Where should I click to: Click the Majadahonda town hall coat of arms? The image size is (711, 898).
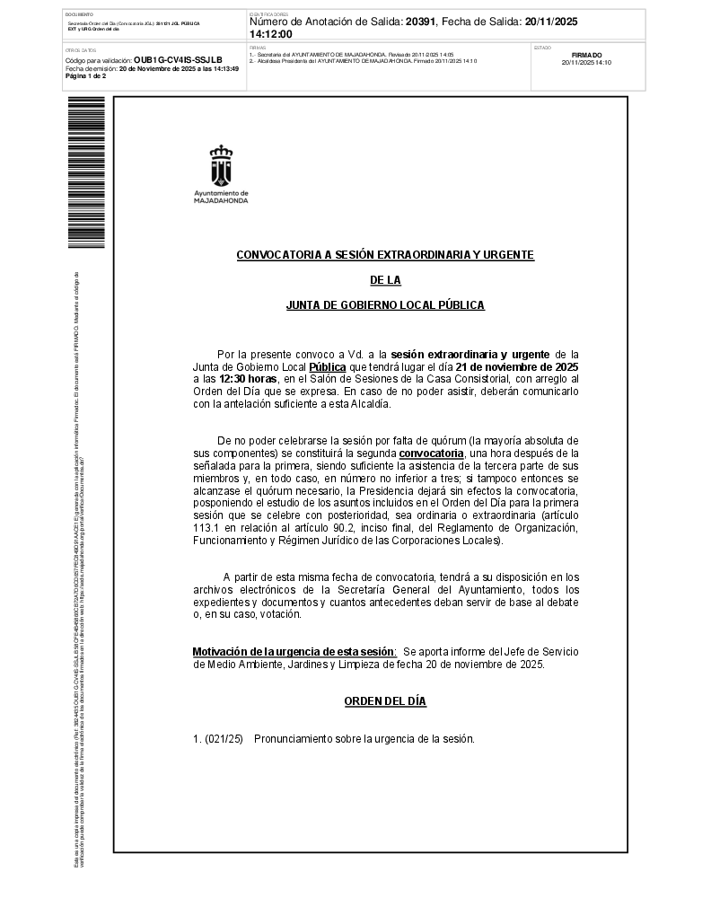coord(221,164)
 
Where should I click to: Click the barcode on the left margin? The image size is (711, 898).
coord(85,171)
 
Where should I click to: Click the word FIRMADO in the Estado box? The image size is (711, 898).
coord(586,55)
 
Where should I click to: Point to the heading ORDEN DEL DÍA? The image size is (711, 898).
coord(385,701)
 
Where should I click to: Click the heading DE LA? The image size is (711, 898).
coord(385,280)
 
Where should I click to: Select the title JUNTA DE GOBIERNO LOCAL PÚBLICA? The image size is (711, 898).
coord(385,305)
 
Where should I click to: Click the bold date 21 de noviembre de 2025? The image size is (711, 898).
coord(517,366)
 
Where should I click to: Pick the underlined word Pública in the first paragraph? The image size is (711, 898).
coord(327,366)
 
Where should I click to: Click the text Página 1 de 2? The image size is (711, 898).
coord(86,76)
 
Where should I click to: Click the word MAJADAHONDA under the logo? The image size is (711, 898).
coord(221,201)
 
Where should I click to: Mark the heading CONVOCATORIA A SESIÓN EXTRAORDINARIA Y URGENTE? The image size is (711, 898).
coord(385,255)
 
